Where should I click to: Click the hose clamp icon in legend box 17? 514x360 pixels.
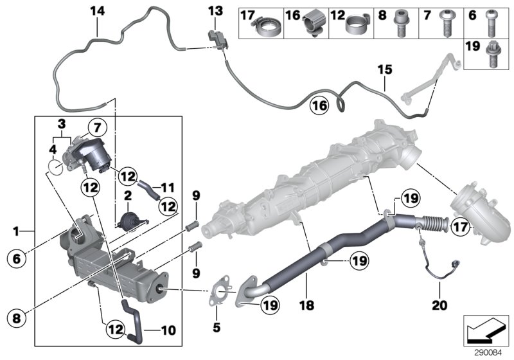(266, 26)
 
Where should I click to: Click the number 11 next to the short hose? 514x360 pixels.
(168, 188)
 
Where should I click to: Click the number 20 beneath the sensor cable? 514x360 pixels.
(439, 305)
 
